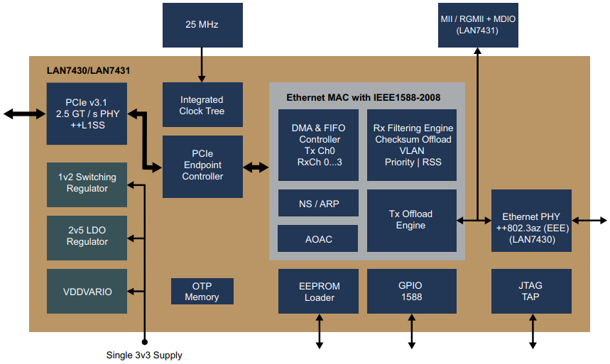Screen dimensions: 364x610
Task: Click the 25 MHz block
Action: [202, 25]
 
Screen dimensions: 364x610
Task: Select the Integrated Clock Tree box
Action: [202, 105]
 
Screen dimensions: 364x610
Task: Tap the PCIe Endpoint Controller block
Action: [202, 166]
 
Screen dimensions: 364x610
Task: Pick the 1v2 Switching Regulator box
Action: [87, 183]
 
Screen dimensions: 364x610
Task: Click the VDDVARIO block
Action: [87, 291]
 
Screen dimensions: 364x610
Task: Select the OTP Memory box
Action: [202, 292]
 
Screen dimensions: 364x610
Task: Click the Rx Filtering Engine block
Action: [412, 145]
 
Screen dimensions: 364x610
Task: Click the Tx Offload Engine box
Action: [412, 220]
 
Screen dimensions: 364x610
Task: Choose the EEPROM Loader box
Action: [319, 292]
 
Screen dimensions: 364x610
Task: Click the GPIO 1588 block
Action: [411, 292]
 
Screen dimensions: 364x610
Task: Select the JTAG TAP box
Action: [531, 292]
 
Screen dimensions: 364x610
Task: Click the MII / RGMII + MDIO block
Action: [477, 24]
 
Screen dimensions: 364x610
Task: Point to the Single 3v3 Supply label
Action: [144, 355]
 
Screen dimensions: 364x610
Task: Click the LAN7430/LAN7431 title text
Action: [88, 71]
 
